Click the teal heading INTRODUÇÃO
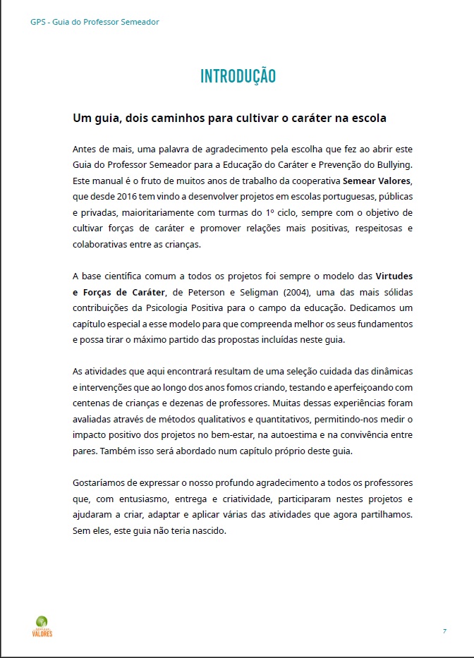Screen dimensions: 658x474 238,76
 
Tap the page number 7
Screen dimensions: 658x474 444,630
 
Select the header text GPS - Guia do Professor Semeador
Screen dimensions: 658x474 95,22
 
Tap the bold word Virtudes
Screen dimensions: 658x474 394,275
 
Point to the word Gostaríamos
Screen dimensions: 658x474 101,482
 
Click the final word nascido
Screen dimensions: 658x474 207,530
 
